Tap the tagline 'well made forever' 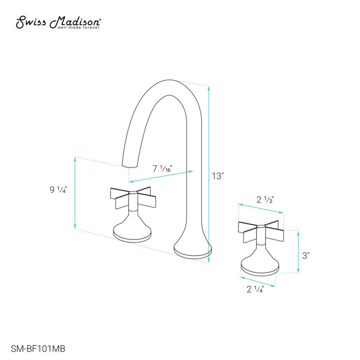tap(80, 28)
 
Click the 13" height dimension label tap(217, 176)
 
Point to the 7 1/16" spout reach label tap(162, 169)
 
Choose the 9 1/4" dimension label tap(58, 190)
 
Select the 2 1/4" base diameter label tap(254, 289)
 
